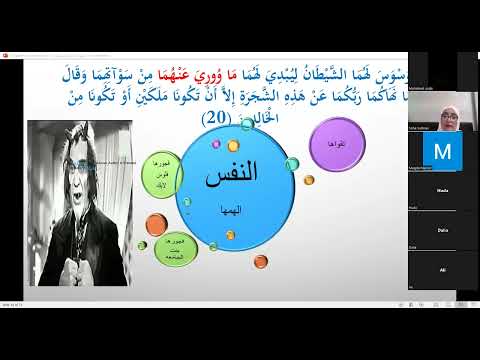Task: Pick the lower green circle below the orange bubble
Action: coord(164,250)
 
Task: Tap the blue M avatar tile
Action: coord(441,151)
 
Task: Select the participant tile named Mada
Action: coord(441,190)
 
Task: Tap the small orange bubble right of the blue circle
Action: coord(309,180)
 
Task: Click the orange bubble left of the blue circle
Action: coord(157,223)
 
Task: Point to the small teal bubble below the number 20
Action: coord(246,125)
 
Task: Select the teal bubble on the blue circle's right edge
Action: coord(291,163)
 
